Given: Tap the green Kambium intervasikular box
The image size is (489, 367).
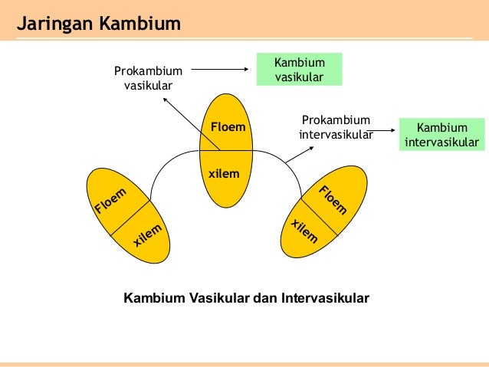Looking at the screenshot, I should (x=442, y=134).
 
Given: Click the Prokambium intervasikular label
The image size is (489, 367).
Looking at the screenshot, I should (x=335, y=128).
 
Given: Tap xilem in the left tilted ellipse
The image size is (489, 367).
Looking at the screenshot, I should (x=148, y=234).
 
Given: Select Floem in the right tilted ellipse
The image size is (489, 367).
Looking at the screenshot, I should (x=333, y=199).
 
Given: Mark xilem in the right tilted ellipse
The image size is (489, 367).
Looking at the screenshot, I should (x=304, y=230).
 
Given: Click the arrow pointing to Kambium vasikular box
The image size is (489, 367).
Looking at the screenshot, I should (x=222, y=70).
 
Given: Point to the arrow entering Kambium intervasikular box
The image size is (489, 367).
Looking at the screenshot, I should (x=383, y=130).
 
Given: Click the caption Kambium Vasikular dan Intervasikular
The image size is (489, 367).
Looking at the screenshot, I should (x=246, y=296).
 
